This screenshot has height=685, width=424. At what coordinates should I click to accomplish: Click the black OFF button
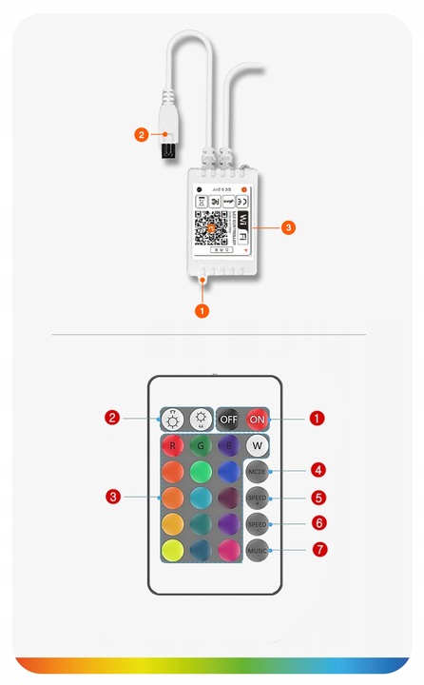click(x=228, y=420)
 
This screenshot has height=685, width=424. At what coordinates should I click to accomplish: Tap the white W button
click(x=257, y=445)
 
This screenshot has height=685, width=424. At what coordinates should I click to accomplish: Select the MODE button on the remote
click(x=257, y=472)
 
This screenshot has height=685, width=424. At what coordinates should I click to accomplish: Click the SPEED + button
click(x=257, y=498)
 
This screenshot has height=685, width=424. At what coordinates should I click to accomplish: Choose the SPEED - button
click(x=257, y=524)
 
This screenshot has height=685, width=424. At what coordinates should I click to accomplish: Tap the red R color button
click(x=173, y=445)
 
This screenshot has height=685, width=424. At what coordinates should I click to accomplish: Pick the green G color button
click(x=201, y=445)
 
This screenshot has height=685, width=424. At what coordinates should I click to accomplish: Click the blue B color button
click(x=228, y=445)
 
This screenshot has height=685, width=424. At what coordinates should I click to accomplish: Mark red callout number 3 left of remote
click(x=113, y=497)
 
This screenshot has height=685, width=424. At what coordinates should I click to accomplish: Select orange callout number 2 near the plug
click(x=141, y=135)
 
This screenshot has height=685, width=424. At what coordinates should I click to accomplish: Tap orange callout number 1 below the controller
click(x=201, y=310)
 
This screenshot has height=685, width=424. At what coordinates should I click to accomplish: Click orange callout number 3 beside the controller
click(x=289, y=227)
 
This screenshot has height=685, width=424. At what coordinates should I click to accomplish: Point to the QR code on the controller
click(x=214, y=228)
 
